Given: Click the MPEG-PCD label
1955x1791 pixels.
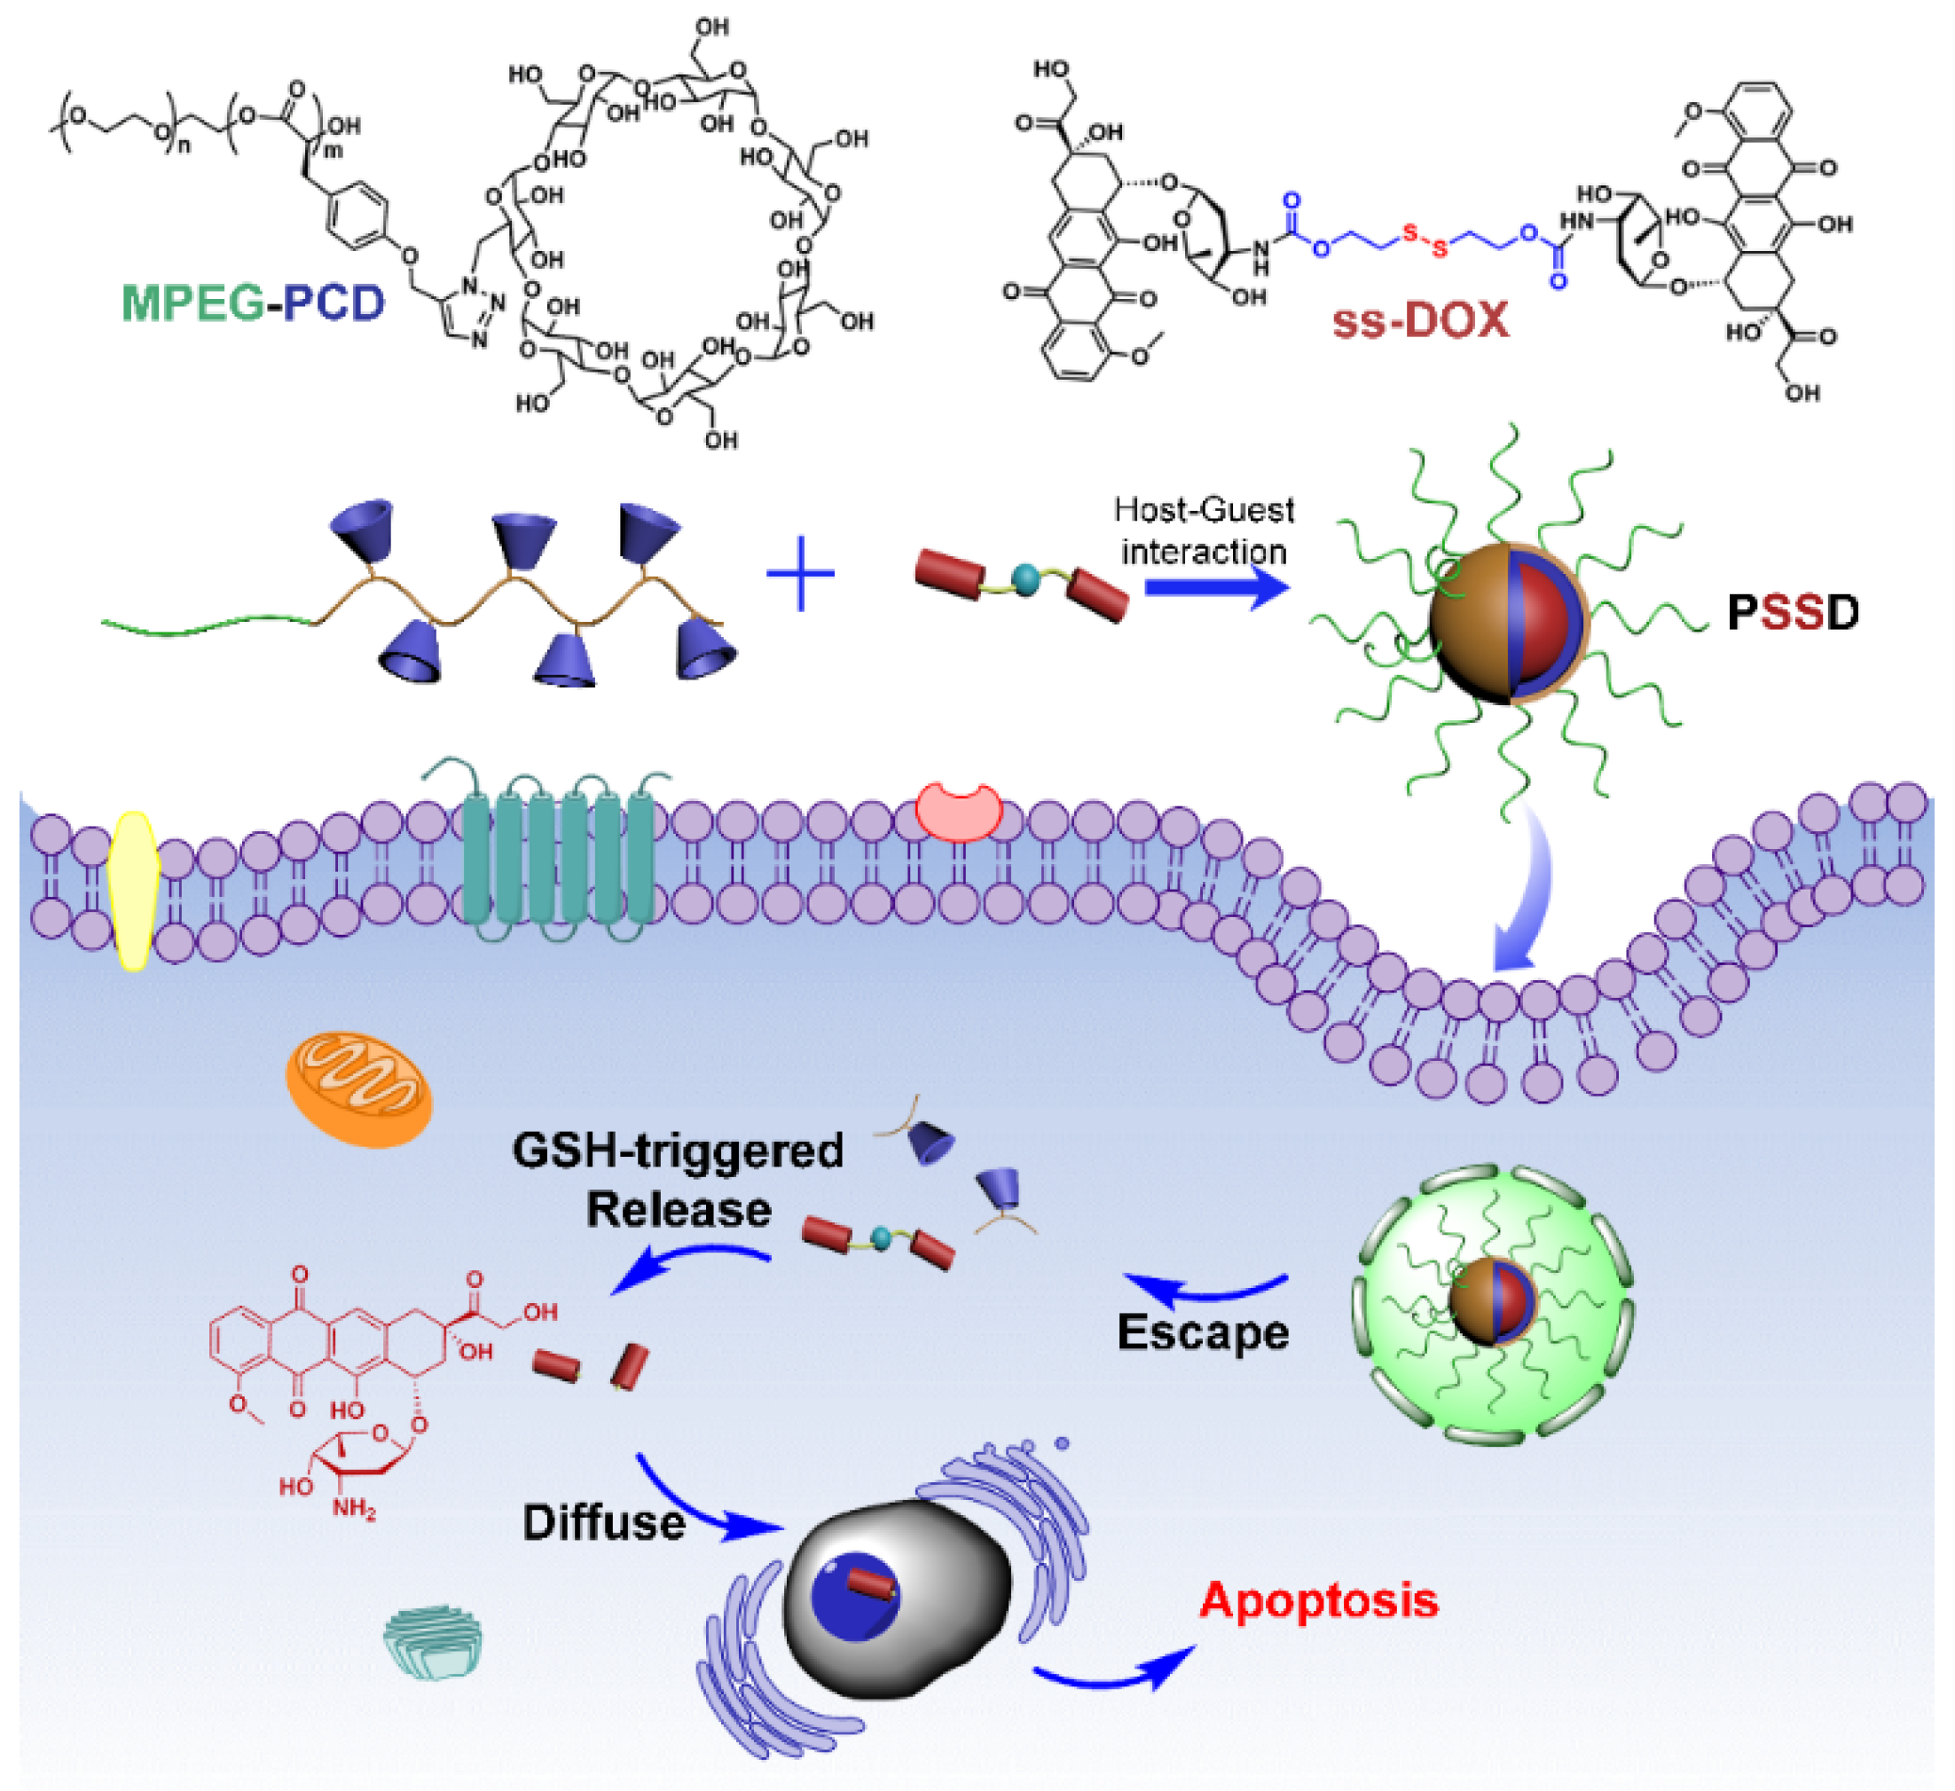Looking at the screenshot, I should (x=253, y=303).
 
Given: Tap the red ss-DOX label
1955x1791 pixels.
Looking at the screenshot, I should (x=1421, y=321).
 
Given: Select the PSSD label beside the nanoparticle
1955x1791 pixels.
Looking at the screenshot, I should (x=1793, y=614).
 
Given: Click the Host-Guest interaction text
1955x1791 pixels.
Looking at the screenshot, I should (x=1204, y=531).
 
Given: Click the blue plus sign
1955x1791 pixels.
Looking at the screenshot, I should (x=801, y=575).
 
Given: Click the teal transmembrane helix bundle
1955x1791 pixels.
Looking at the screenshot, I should (x=559, y=858).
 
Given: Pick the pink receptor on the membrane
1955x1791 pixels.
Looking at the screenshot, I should (x=959, y=813).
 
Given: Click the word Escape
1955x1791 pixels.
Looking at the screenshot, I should (x=1203, y=1333).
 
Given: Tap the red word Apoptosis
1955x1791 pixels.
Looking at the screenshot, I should (x=1319, y=1601).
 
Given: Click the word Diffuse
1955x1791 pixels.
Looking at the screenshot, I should (x=603, y=1523).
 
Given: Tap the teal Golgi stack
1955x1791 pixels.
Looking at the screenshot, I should (x=434, y=1639).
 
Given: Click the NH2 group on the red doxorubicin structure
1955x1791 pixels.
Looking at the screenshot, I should (x=353, y=1509).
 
